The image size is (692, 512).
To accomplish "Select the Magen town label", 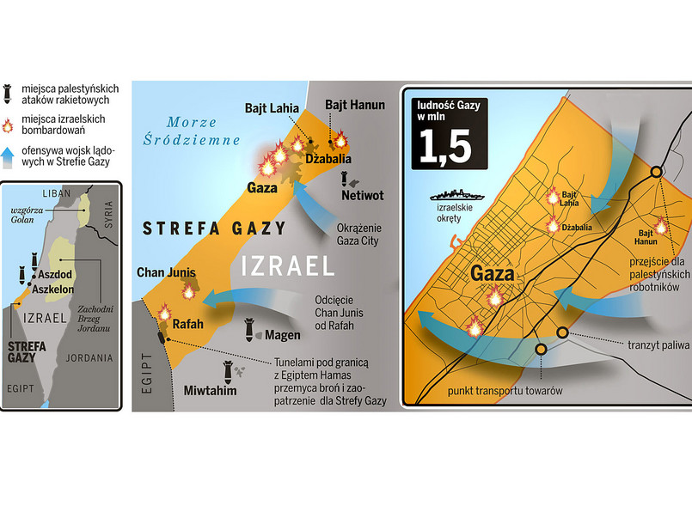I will (x=282, y=335).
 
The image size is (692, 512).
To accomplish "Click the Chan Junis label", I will (x=166, y=273).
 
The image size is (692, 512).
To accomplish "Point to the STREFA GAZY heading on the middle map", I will (x=201, y=228).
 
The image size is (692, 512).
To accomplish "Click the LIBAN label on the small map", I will (x=55, y=192).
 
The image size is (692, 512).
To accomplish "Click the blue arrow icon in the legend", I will (x=9, y=156).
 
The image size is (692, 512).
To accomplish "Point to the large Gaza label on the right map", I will (x=493, y=275).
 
